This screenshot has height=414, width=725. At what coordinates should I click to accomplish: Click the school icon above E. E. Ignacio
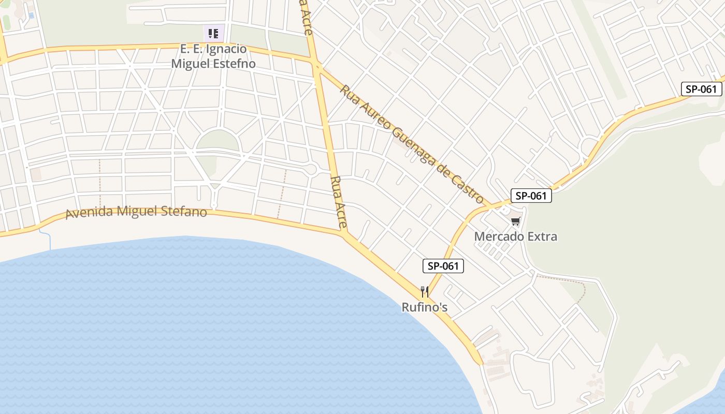(213, 34)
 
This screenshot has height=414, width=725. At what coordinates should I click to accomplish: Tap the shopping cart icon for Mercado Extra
(515, 222)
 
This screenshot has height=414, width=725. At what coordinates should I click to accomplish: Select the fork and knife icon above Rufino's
(425, 292)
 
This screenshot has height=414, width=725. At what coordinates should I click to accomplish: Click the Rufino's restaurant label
(425, 307)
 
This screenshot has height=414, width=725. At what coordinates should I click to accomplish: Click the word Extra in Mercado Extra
(542, 237)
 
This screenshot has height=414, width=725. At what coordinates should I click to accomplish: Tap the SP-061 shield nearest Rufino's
(443, 267)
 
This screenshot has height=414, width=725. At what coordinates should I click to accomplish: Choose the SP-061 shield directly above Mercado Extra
(531, 196)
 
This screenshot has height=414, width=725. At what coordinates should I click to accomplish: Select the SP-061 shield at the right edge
(701, 89)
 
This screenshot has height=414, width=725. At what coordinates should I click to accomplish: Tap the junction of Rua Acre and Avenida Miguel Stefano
(344, 232)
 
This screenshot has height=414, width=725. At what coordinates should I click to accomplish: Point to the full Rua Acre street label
(338, 202)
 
